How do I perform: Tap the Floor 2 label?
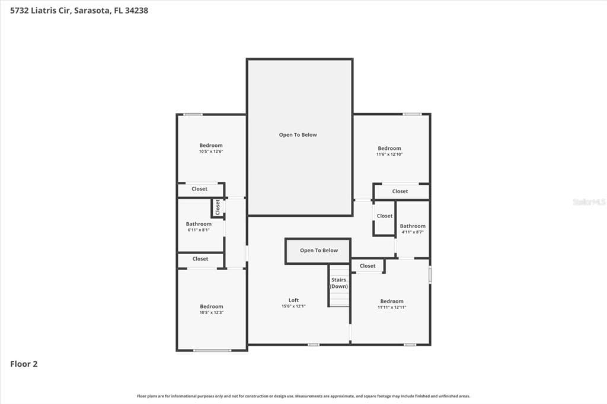pyautogui.click(x=24, y=364)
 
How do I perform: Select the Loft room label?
pyautogui.click(x=293, y=300)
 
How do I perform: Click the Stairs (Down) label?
pyautogui.click(x=338, y=283)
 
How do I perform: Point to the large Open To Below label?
pyautogui.click(x=298, y=135)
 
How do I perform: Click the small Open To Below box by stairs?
pyautogui.click(x=318, y=251)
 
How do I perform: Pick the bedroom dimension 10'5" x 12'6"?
pyautogui.click(x=211, y=152)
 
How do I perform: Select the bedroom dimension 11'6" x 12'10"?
pyautogui.click(x=389, y=155)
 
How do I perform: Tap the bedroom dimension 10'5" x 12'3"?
pyautogui.click(x=211, y=313)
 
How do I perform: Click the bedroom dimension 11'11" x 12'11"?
pyautogui.click(x=392, y=307)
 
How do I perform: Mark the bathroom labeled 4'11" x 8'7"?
pyautogui.click(x=413, y=232)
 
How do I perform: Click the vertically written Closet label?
pyautogui.click(x=218, y=207)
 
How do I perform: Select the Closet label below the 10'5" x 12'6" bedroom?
pyautogui.click(x=200, y=189)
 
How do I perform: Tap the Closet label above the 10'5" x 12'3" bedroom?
pyautogui.click(x=200, y=259)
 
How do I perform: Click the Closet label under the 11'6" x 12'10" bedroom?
pyautogui.click(x=400, y=191)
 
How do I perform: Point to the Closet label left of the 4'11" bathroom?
pyautogui.click(x=385, y=216)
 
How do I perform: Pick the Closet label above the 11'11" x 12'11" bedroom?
pyautogui.click(x=368, y=266)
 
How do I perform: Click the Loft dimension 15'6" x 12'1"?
pyautogui.click(x=293, y=307)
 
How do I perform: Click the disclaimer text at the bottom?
pyautogui.click(x=303, y=396)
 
